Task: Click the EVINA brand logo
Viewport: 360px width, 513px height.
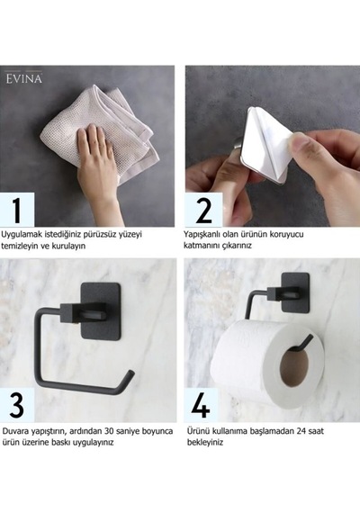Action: pyautogui.click(x=24, y=78)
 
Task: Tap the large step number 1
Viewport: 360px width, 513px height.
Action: pyautogui.click(x=17, y=210)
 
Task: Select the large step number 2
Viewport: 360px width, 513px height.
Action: pyautogui.click(x=203, y=210)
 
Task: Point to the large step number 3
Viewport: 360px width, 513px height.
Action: pyautogui.click(x=17, y=405)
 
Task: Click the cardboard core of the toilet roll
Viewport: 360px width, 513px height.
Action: pyautogui.click(x=294, y=365)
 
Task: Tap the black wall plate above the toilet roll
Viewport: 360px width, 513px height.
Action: pyautogui.click(x=295, y=292)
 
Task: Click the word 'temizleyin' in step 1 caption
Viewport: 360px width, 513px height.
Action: pyautogui.click(x=21, y=246)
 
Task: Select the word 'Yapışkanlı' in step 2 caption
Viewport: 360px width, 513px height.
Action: pyautogui.click(x=202, y=235)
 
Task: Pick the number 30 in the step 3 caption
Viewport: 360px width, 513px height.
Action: pyautogui.click(x=109, y=431)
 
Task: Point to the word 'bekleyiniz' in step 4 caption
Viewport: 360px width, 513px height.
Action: pyautogui.click(x=205, y=442)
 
